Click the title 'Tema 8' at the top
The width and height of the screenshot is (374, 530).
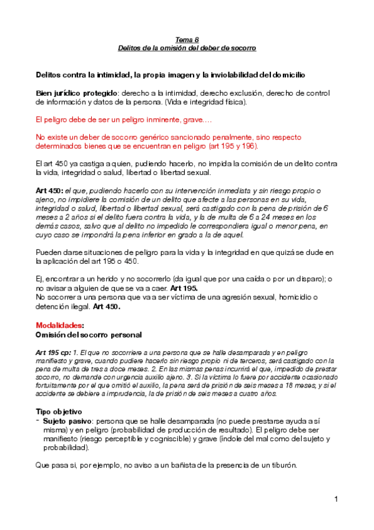[187, 39]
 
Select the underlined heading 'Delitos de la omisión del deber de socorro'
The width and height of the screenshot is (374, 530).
[187, 47]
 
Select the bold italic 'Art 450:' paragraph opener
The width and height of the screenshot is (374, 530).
[49, 190]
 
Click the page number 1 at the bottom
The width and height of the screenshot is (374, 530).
[336, 499]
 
